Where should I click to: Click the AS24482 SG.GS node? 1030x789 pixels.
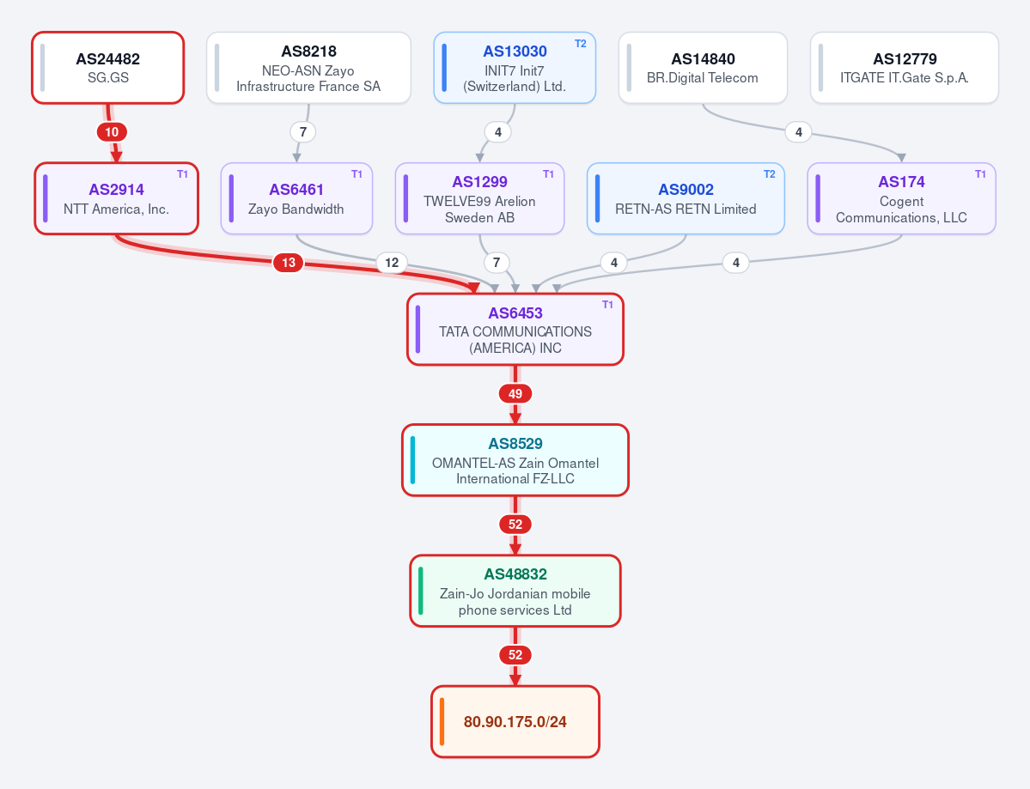(x=107, y=68)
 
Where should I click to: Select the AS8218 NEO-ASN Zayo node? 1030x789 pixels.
(x=308, y=68)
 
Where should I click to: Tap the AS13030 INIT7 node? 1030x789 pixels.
(x=515, y=68)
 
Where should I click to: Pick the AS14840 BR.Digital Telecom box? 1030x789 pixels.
(x=703, y=68)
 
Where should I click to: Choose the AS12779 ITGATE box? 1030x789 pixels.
(x=905, y=68)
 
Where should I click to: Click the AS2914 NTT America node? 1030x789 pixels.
(x=116, y=198)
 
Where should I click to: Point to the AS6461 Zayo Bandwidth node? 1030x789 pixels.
(x=296, y=198)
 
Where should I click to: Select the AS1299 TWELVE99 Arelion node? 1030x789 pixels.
(x=479, y=198)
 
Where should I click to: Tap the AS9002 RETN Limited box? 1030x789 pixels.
(x=686, y=198)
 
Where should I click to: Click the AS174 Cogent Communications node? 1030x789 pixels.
(x=901, y=198)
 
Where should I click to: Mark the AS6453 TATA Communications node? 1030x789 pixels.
(x=515, y=329)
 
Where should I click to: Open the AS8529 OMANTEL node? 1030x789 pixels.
(x=515, y=460)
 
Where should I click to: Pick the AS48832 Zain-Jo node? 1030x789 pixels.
(x=515, y=591)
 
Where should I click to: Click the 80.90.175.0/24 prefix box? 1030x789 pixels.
(x=515, y=721)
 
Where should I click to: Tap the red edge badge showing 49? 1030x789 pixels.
(x=515, y=394)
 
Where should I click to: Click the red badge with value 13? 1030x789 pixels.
(x=289, y=263)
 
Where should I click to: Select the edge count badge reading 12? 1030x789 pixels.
(x=392, y=263)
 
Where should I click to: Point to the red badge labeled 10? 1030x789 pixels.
(x=112, y=132)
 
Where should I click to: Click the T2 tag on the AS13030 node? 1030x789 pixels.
(x=581, y=43)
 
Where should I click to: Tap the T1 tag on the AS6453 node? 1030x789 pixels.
(x=607, y=305)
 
